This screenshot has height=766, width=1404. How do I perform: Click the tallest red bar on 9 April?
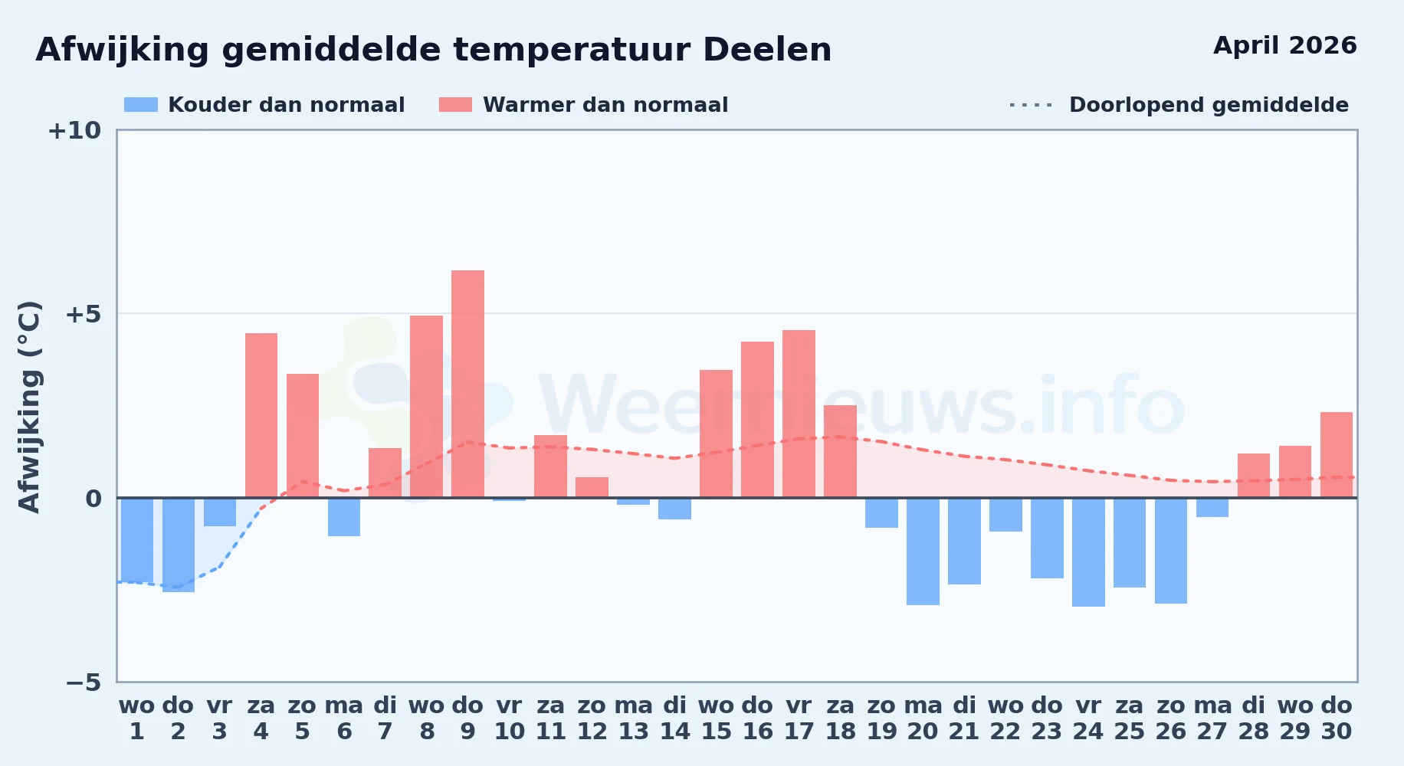tap(467, 384)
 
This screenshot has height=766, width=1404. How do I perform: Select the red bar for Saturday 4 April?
tap(261, 415)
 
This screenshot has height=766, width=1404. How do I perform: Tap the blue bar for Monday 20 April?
tap(923, 552)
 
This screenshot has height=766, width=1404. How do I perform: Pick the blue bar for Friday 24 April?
tap(1088, 552)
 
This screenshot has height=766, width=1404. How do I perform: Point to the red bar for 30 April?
tap(1337, 455)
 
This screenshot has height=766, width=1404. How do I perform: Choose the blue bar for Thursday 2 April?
tap(179, 545)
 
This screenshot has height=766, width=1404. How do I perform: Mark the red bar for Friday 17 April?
tap(799, 414)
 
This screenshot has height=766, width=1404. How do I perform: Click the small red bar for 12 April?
tap(592, 487)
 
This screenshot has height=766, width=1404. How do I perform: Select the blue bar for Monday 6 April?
tap(344, 517)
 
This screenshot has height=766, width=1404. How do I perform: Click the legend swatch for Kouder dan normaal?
tap(141, 105)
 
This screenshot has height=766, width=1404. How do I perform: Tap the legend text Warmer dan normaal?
tap(605, 105)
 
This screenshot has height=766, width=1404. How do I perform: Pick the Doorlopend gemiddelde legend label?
tap(1209, 105)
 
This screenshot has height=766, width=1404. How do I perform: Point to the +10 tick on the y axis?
tap(74, 130)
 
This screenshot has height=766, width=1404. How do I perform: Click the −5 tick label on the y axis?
tap(84, 682)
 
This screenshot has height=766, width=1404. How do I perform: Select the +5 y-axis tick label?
tap(84, 314)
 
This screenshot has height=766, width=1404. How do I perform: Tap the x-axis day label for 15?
tap(716, 732)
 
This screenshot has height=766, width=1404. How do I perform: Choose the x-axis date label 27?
tap(1212, 732)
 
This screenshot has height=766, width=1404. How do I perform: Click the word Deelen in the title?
tap(766, 50)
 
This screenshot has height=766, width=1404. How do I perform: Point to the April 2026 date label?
tap(1285, 45)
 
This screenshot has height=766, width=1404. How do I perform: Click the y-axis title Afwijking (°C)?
tap(30, 407)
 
